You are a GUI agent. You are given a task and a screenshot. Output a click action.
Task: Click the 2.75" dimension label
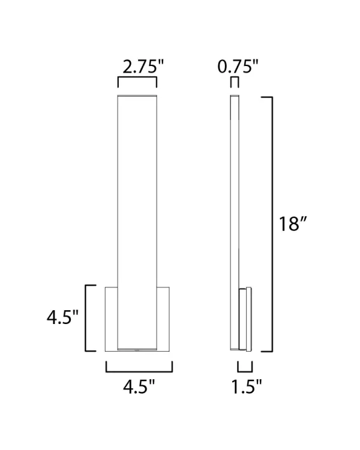(x=137, y=65)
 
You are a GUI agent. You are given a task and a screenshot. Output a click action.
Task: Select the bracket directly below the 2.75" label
(x=137, y=79)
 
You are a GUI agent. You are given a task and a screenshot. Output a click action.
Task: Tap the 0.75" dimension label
(x=238, y=65)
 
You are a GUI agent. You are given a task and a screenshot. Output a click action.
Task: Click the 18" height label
(x=293, y=224)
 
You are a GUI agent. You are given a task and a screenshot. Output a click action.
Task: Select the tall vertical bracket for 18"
(x=271, y=224)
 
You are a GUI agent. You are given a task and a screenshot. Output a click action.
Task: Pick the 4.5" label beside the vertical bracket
(x=63, y=317)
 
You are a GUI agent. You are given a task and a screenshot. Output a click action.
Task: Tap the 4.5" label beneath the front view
(x=139, y=387)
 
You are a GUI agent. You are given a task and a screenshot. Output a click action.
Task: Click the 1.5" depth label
(x=247, y=387)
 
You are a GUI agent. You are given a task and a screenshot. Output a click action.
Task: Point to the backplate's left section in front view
(x=112, y=319)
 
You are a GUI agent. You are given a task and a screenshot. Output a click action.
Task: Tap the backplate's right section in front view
(x=163, y=319)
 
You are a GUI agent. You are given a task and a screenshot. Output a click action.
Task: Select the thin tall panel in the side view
(x=235, y=192)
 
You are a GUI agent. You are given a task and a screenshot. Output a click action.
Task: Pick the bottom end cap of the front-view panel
(x=137, y=349)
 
